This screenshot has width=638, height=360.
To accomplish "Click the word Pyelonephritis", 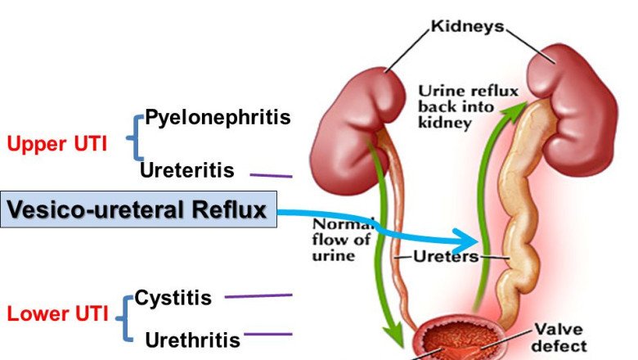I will click(x=217, y=118).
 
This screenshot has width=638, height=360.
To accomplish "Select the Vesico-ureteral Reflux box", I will click(x=138, y=210).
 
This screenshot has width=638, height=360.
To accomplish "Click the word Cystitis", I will click(x=173, y=297).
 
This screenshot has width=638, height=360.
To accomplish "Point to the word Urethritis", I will click(x=192, y=340).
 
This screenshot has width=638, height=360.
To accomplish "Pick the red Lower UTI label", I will click(x=57, y=313).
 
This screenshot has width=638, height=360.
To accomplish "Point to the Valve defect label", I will click(x=561, y=336).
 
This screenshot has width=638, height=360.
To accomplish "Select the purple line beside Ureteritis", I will click(x=271, y=174).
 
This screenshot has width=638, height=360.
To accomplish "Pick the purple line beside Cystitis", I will click(x=258, y=295).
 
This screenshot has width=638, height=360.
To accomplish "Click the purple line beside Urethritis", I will click(x=267, y=334).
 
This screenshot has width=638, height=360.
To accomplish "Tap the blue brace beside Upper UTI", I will click(x=133, y=137).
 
